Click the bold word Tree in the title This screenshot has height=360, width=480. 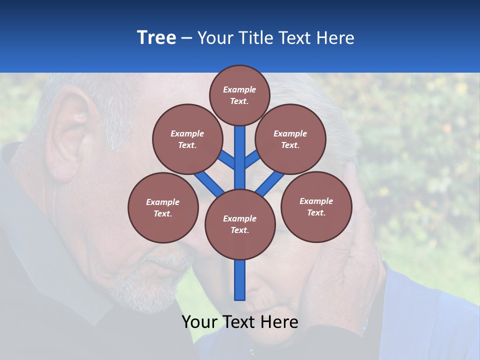[156, 37]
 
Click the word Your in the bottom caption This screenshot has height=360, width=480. [199, 322]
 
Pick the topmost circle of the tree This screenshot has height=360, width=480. [239, 95]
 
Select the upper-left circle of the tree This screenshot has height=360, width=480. [187, 139]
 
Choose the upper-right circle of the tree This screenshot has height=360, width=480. [290, 139]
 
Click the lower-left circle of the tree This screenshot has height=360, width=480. [163, 207]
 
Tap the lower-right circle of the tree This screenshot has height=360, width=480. [316, 206]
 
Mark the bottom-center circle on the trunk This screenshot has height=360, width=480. [240, 224]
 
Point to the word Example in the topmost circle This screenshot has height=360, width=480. [239, 89]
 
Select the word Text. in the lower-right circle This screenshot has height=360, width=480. [316, 212]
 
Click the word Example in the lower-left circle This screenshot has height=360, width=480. [163, 202]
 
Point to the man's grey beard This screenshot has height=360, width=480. [145, 285]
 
